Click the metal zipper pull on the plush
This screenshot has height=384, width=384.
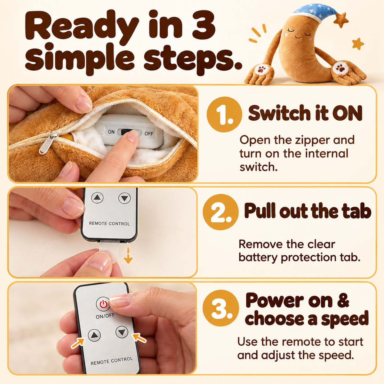tap(48, 143)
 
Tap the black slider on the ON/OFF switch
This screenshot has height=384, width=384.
tap(127, 132)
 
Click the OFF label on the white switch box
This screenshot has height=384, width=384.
tap(149, 133)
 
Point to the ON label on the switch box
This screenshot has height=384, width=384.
tap(111, 132)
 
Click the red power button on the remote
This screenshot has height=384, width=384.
tap(103, 304)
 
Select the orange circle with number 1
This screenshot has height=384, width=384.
tap(224, 114)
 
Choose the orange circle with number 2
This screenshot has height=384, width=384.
tap(220, 212)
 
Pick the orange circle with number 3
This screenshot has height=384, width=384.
tap(221, 308)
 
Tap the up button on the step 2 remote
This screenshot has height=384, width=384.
tap(97, 197)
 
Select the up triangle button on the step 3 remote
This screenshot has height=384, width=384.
tap(94, 335)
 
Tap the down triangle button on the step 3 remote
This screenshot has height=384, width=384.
tap(122, 332)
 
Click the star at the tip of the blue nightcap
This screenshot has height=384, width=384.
tap(341, 20)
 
